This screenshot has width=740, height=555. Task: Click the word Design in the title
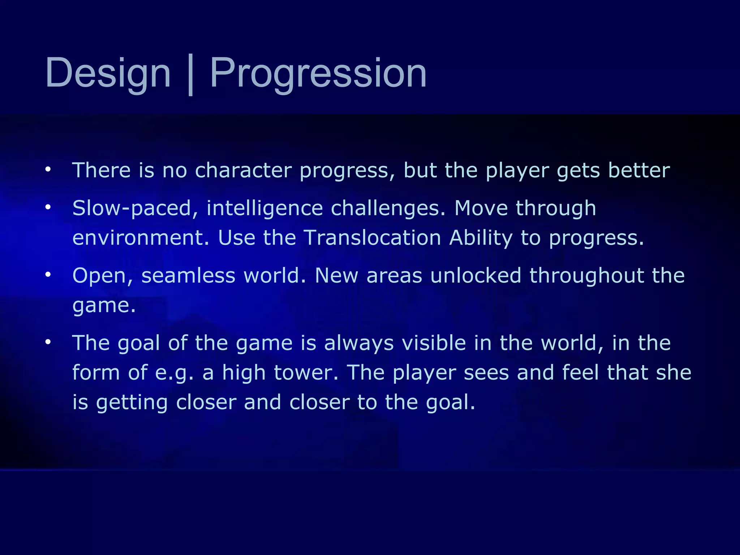(108, 73)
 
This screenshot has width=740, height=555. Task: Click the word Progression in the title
(318, 73)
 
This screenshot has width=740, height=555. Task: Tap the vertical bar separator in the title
(190, 75)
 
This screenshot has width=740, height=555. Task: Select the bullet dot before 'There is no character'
(48, 169)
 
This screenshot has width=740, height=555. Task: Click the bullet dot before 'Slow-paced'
(48, 207)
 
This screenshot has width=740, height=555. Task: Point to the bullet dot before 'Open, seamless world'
(48, 275)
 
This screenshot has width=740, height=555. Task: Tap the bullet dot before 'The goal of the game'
(48, 342)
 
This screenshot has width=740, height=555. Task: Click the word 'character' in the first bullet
(243, 170)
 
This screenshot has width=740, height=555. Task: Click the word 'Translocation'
(373, 238)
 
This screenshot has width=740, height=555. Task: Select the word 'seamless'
(188, 276)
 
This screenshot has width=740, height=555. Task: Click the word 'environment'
(141, 238)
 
